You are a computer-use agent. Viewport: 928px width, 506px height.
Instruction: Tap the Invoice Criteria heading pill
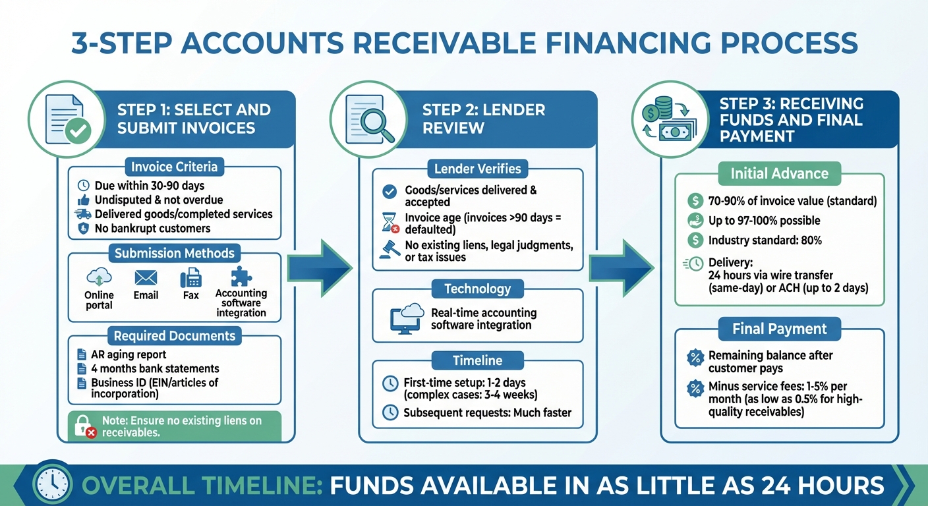pos(174,167)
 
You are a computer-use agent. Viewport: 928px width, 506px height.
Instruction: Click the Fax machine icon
pos(190,278)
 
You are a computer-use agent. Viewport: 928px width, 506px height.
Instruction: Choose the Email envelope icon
pos(146,277)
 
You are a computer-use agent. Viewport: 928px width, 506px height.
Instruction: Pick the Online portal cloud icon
pos(99,277)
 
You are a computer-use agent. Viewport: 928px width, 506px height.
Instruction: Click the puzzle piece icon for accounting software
pos(241,277)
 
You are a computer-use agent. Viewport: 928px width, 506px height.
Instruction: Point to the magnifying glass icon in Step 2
pos(370,120)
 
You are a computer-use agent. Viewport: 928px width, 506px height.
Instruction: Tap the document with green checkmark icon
pos(67,120)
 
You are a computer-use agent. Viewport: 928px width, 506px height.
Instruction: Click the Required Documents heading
pos(174,336)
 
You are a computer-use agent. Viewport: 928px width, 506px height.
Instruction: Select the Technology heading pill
pos(477,289)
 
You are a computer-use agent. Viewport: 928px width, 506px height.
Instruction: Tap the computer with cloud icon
pos(407,317)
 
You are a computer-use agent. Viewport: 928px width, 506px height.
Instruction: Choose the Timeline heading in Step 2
pos(477,360)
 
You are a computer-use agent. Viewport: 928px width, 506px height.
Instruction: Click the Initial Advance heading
pos(779,174)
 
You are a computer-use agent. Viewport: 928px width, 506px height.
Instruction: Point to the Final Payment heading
pos(779,328)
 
